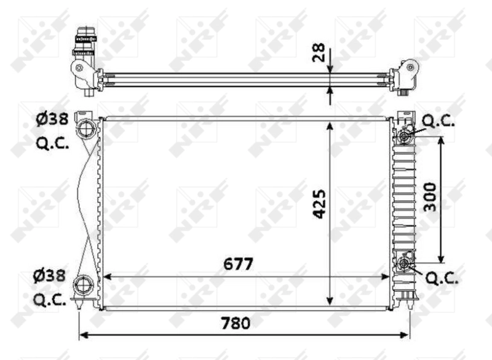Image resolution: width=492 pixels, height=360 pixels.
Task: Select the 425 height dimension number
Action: click(319, 204)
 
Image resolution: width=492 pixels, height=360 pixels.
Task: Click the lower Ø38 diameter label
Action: click(51, 277)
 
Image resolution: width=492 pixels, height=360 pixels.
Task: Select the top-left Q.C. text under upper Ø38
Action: click(52, 144)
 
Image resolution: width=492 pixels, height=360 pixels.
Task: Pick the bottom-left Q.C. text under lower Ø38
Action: click(52, 300)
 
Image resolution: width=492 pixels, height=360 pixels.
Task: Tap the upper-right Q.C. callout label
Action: click(439, 122)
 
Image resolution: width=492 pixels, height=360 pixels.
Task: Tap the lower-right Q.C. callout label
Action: click(442, 279)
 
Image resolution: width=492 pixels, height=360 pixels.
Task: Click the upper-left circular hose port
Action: click(85, 130)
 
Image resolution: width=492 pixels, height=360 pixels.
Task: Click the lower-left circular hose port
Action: click(83, 286)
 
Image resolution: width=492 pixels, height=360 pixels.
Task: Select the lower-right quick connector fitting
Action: click(404, 264)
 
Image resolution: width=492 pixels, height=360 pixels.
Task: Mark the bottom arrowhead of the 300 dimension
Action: click(441, 260)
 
